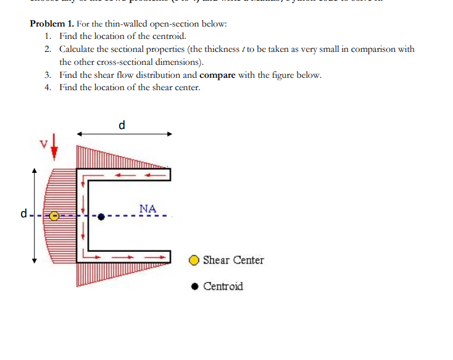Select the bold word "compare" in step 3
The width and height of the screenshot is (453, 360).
pos(218,75)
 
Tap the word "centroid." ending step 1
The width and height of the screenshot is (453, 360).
pos(167,36)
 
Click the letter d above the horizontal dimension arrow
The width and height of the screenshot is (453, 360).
pos(122,125)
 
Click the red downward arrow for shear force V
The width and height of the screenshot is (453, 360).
pos(54,146)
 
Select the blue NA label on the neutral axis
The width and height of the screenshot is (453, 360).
pos(148,209)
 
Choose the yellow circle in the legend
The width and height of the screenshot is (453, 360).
pos(194,261)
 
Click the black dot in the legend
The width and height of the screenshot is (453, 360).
pos(194,287)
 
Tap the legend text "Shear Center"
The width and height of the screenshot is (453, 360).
pos(233,260)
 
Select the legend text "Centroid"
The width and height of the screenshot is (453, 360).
pos(223,287)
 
